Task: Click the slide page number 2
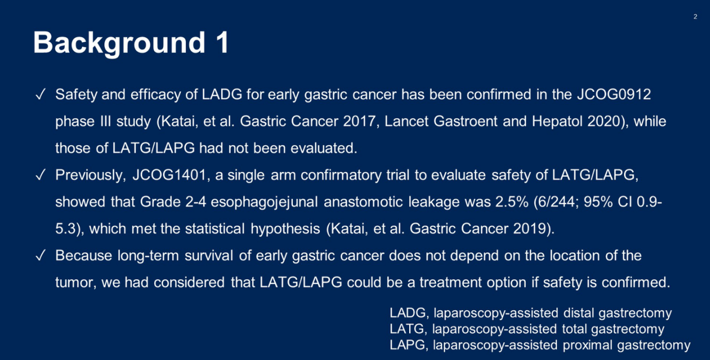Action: coord(695,16)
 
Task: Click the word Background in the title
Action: coord(119,43)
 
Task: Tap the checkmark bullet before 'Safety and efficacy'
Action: coord(41,95)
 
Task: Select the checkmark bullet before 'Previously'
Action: coord(41,175)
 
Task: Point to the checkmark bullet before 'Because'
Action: coord(41,256)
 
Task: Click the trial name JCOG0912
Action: coord(614,95)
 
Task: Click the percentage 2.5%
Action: coord(512,202)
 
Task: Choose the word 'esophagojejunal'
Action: coord(264,202)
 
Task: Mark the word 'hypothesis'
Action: coord(285,229)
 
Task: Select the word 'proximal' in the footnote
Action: coord(588,345)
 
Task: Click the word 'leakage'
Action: coord(434,202)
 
